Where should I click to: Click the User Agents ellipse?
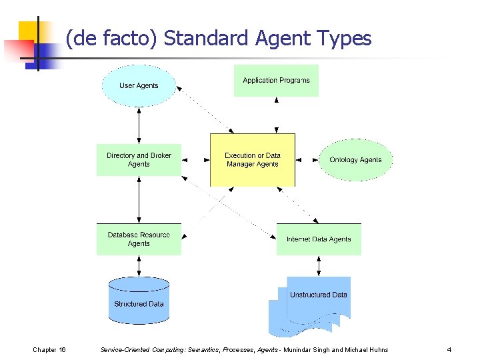(x=139, y=85)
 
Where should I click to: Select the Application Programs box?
(x=276, y=81)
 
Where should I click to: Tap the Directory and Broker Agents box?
(x=139, y=160)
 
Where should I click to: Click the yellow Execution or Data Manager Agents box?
(x=253, y=160)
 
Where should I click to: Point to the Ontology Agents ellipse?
(x=355, y=160)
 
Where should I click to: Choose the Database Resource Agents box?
(x=139, y=239)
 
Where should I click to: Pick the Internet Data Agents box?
(x=319, y=239)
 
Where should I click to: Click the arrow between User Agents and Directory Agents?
(x=139, y=125)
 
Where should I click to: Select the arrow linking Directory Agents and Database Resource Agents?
(x=139, y=199)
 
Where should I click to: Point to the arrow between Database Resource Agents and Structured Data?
(x=139, y=266)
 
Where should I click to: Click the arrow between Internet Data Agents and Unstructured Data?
(x=319, y=266)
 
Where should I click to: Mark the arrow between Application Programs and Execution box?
(x=276, y=115)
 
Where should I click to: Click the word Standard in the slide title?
(x=207, y=39)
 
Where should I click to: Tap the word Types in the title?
(x=346, y=39)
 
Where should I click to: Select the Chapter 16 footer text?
(x=49, y=350)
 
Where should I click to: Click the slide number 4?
(x=449, y=350)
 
